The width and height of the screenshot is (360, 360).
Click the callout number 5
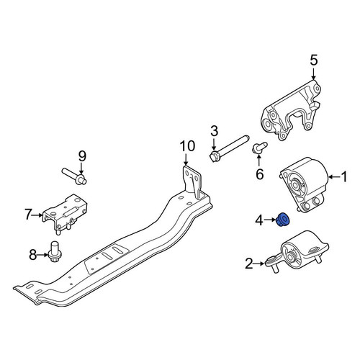coord(314,60)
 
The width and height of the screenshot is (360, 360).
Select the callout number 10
coord(188,146)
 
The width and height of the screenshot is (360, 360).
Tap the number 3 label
coord(214,131)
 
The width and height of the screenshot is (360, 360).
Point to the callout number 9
coord(82,156)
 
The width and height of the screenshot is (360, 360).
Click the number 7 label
coord(28,215)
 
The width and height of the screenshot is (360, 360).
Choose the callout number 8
coord(32,255)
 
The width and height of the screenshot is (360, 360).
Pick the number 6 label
coord(260,174)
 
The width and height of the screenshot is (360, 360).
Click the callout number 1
coord(344,177)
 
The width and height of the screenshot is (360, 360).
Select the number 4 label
coord(259,220)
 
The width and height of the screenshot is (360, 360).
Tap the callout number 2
coord(249,264)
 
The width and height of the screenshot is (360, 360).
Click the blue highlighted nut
coord(283,220)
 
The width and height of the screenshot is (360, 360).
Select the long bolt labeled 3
coord(229,149)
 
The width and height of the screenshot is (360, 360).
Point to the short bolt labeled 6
coord(259,147)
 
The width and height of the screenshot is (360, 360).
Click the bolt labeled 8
coord(54,252)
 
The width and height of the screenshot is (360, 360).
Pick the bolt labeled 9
coord(74,176)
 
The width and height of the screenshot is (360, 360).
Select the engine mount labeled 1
coord(305,185)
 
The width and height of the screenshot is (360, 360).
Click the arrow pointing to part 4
coord(270,220)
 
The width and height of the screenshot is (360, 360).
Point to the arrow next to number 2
coord(259,264)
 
